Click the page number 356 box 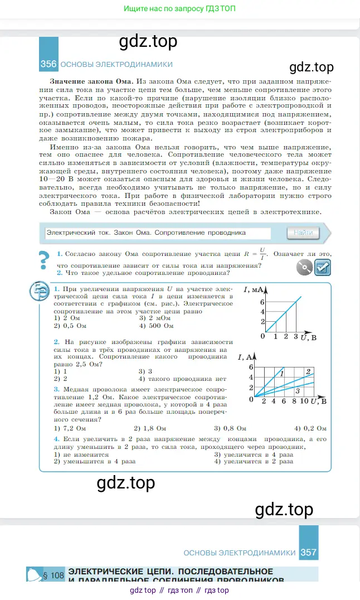point(48,64)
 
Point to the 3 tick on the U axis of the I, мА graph point(295,337)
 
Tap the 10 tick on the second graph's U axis point(304,401)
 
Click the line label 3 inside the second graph point(298,390)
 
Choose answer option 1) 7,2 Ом point(70,428)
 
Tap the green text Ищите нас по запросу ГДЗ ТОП point(179,9)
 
